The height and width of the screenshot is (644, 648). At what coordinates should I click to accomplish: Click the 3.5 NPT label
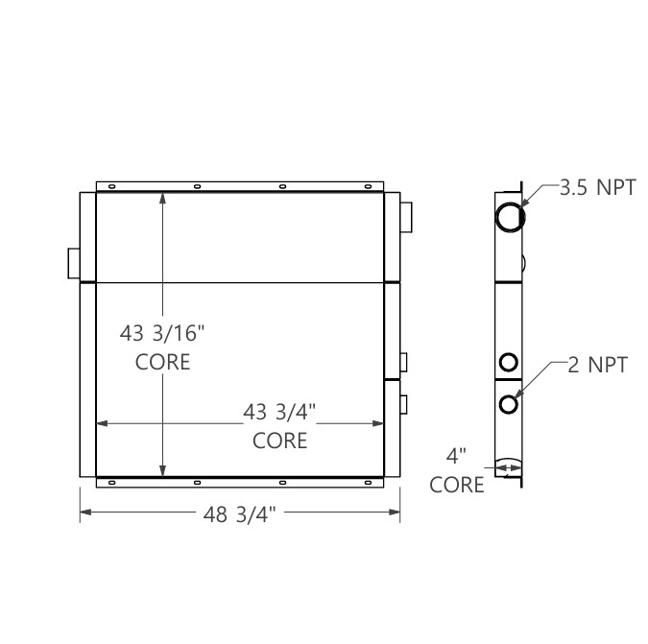tap(597, 187)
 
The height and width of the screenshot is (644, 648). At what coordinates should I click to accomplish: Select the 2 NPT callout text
tap(597, 365)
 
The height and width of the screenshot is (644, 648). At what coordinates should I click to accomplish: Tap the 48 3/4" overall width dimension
tap(240, 514)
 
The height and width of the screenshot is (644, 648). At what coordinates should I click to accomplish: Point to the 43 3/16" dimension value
tap(162, 333)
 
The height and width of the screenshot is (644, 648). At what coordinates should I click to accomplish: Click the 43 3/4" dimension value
tap(279, 412)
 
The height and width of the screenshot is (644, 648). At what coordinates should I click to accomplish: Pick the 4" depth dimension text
tap(457, 455)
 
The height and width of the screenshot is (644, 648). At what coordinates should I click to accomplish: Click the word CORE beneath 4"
tap(457, 485)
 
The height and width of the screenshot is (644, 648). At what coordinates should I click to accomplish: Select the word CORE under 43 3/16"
tap(162, 362)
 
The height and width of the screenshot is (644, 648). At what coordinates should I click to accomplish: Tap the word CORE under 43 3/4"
tap(279, 441)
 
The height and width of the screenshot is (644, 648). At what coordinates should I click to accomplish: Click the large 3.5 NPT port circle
tap(510, 216)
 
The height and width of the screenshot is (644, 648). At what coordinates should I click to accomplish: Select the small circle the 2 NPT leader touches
tap(509, 403)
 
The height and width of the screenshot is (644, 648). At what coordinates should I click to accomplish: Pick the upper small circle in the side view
tap(509, 362)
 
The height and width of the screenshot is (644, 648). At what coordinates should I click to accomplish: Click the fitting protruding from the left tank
tap(73, 261)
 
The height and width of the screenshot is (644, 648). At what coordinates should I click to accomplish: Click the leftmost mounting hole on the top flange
tap(111, 186)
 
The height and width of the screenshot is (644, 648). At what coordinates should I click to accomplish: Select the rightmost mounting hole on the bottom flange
tap(367, 482)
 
